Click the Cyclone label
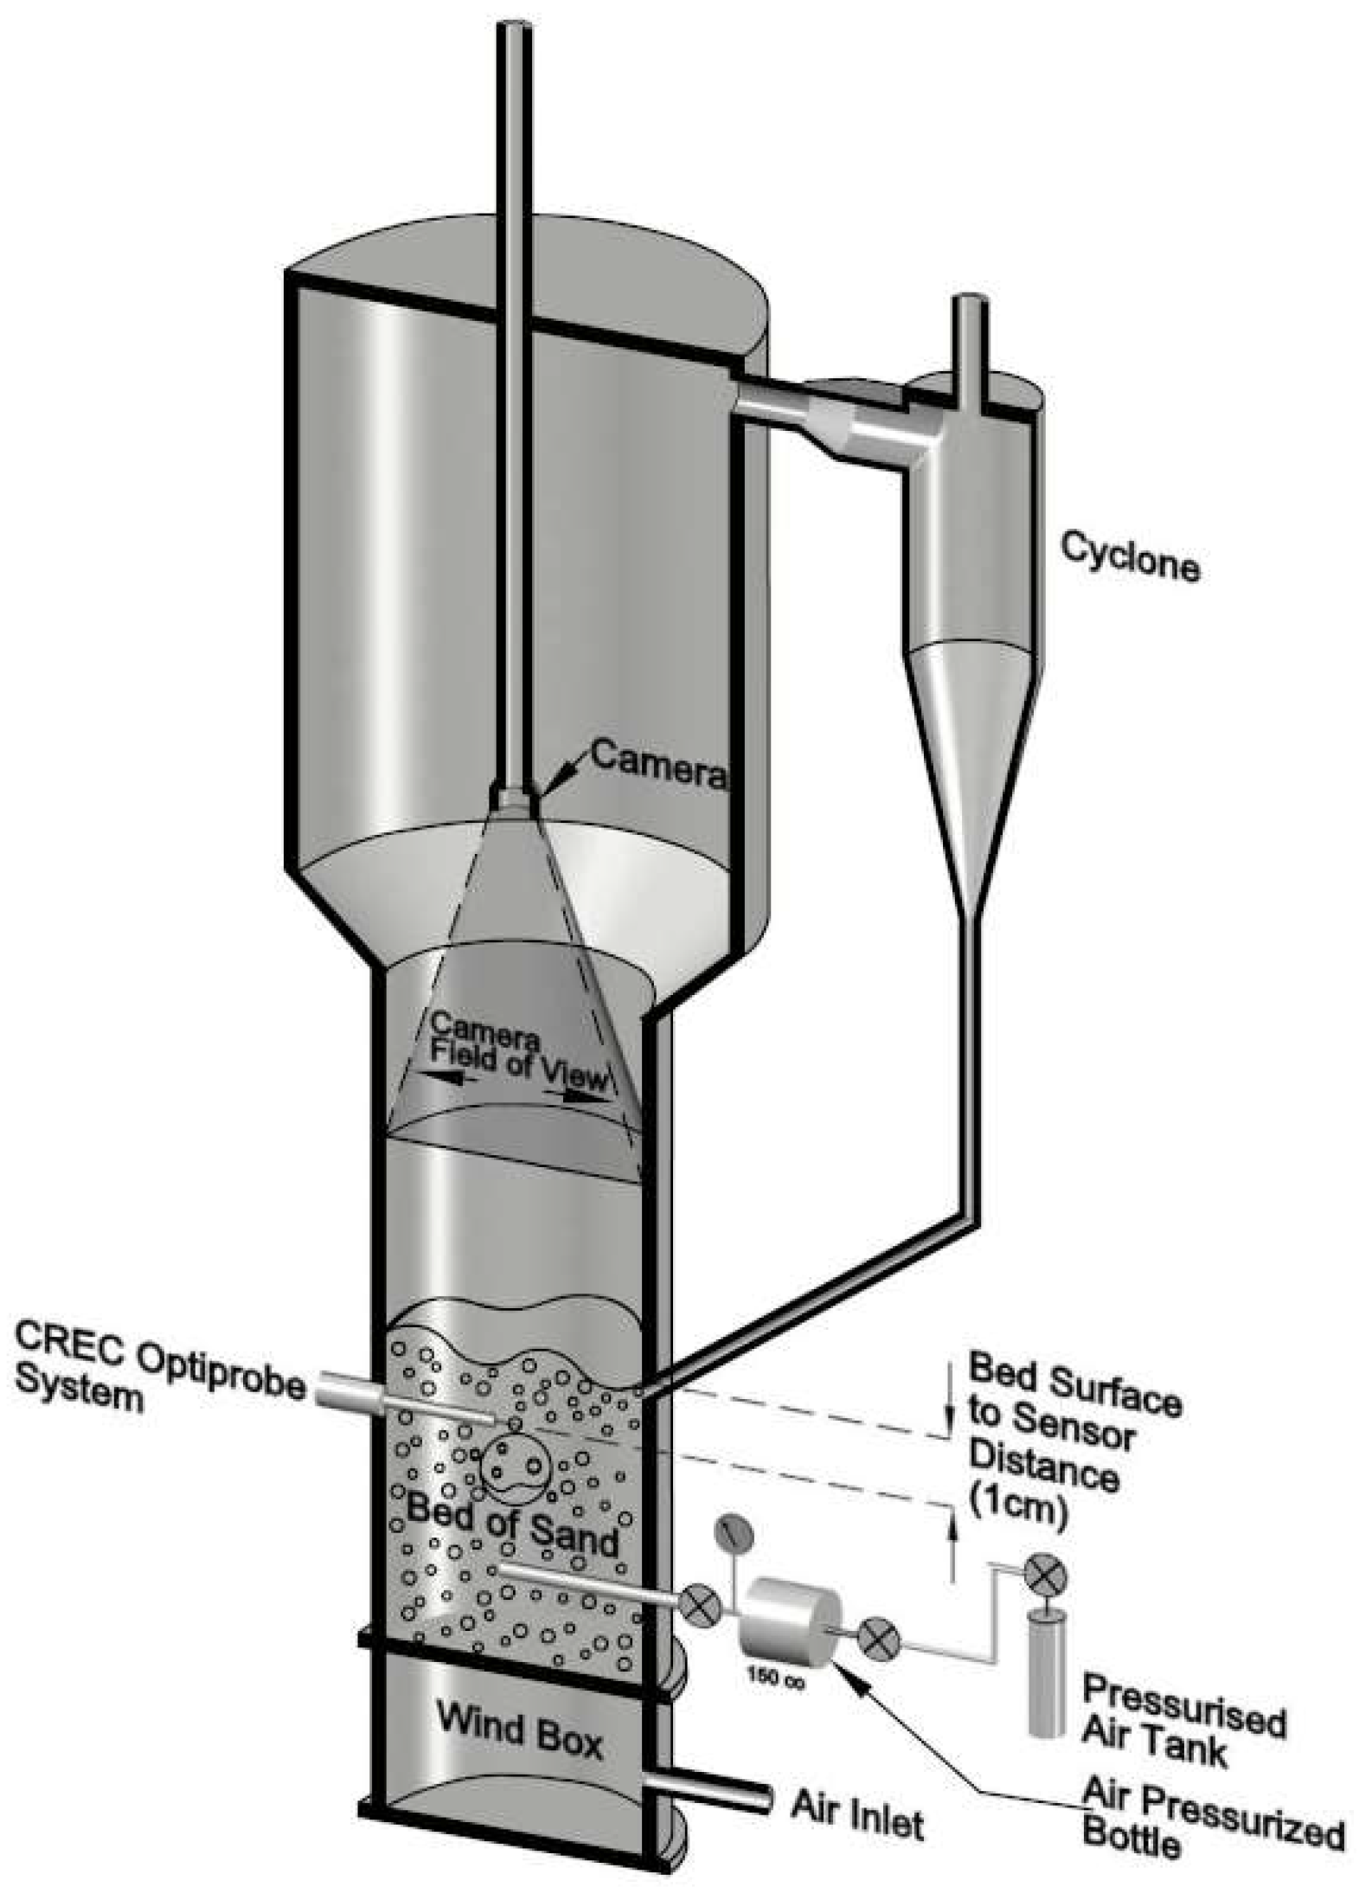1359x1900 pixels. pos(1129,556)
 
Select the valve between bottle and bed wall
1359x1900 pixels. pos(699,1604)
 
